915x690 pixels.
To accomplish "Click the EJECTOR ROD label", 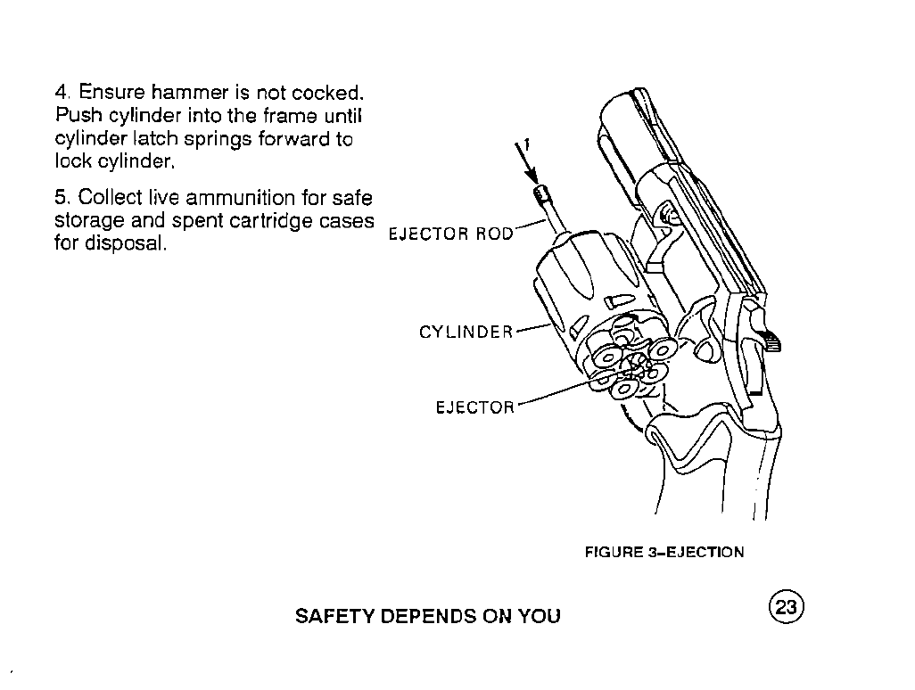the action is [x=450, y=234].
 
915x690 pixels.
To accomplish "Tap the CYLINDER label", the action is [x=466, y=333].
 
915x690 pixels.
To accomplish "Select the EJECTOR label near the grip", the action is [x=475, y=407].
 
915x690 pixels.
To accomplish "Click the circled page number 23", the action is [x=787, y=607].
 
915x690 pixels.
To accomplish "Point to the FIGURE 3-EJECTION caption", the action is [x=664, y=553].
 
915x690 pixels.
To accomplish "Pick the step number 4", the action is [x=62, y=92].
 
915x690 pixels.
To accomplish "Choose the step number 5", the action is [x=62, y=198].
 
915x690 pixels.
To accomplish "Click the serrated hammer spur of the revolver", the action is [x=771, y=340].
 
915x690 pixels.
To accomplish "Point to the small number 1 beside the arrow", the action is [x=526, y=144].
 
